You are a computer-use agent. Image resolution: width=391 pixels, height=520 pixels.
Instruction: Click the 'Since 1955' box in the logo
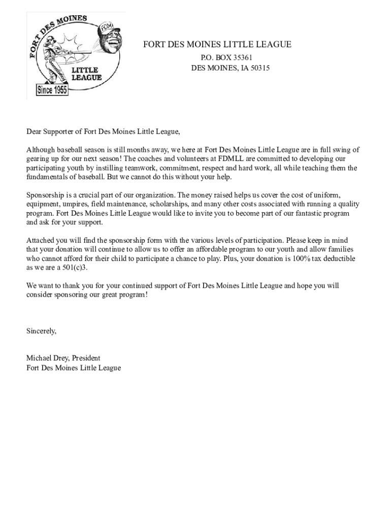pos(52,90)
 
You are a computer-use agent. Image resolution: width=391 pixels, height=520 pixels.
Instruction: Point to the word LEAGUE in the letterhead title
pos(272,45)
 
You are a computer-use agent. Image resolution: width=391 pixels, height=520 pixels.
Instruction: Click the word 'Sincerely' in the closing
pos(41,331)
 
